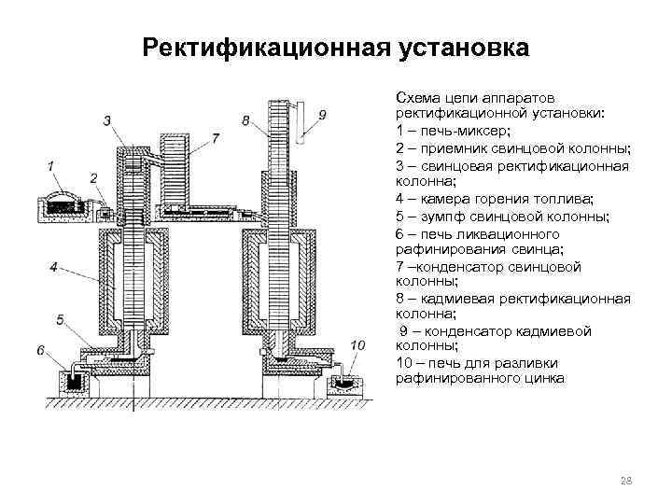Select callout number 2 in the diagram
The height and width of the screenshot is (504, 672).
coord(93,177)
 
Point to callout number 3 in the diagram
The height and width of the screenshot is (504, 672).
coord(108,120)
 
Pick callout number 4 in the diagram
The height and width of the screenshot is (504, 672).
coord(54,267)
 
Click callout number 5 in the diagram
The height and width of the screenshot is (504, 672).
coord(61,320)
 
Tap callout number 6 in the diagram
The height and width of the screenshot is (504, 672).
coord(42,349)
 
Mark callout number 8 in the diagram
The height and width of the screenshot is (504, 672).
coord(245,120)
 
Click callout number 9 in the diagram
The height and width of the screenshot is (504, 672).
coord(322,115)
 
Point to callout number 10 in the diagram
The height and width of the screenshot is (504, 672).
coord(357,346)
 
